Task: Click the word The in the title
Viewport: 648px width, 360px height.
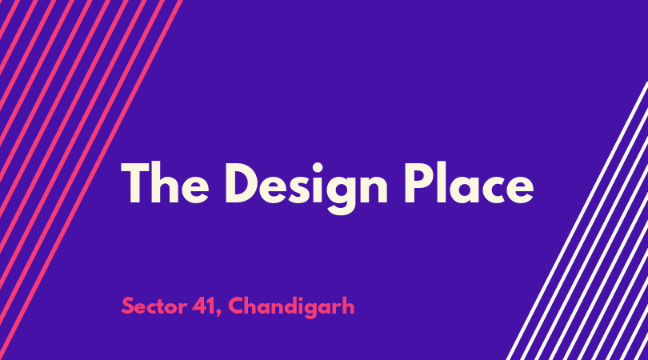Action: (x=165, y=183)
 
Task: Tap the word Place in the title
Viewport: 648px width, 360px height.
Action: (x=469, y=182)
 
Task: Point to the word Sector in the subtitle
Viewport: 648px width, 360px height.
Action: (x=154, y=306)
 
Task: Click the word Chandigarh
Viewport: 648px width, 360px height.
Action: (x=291, y=307)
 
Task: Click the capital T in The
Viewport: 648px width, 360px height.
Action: (x=136, y=183)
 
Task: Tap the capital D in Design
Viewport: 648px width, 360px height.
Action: (x=242, y=183)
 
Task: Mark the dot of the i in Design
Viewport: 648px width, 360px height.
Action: (x=317, y=168)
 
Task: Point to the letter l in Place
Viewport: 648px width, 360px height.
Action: (x=441, y=182)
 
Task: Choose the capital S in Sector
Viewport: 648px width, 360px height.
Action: (x=128, y=306)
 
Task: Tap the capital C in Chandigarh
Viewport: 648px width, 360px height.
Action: (x=236, y=306)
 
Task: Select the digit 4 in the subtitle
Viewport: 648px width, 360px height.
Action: (x=199, y=306)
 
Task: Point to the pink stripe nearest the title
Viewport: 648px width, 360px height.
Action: (x=90, y=180)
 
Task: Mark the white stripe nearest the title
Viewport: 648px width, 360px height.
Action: (x=577, y=221)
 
